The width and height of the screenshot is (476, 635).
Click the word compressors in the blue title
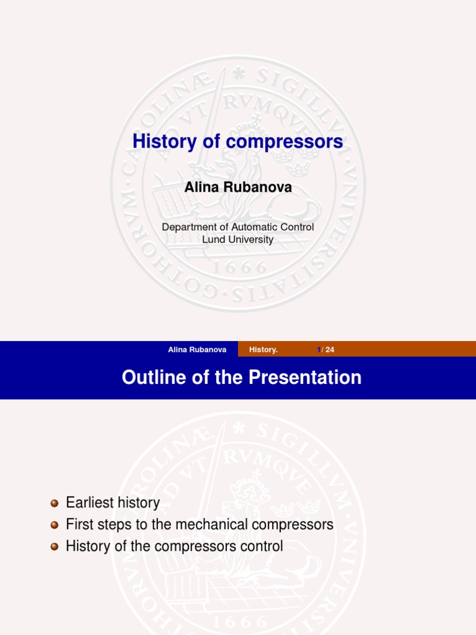click(284, 141)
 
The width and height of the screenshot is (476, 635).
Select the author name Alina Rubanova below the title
click(238, 187)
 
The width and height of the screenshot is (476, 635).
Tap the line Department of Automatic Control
click(238, 227)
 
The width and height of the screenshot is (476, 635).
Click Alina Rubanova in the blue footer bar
click(197, 350)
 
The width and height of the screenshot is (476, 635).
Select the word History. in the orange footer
click(263, 350)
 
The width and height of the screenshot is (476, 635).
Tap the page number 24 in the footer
click(330, 350)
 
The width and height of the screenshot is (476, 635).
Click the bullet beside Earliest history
click(54, 503)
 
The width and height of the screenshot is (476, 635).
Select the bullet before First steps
click(54, 525)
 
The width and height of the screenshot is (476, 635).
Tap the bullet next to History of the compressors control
click(54, 547)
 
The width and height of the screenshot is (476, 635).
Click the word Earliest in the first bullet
click(89, 502)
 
